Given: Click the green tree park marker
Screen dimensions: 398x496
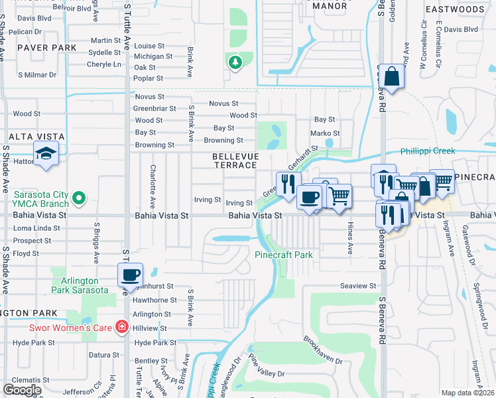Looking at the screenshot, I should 234,62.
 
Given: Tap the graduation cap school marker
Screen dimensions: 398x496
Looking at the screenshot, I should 46,155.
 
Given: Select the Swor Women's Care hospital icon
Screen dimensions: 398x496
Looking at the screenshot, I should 121,326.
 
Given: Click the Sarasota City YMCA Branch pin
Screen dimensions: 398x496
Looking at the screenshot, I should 79,198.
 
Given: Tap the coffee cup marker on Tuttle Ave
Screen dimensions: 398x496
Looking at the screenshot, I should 131,274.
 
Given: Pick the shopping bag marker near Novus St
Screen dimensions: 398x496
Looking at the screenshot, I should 392,76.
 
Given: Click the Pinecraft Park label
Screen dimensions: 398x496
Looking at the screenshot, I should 284,255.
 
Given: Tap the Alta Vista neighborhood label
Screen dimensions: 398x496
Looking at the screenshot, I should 36,137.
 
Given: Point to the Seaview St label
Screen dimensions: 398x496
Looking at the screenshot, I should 358,286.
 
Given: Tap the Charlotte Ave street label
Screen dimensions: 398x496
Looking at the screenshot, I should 153,187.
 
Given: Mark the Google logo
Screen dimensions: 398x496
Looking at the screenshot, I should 22,390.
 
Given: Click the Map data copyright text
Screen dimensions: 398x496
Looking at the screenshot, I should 467,393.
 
